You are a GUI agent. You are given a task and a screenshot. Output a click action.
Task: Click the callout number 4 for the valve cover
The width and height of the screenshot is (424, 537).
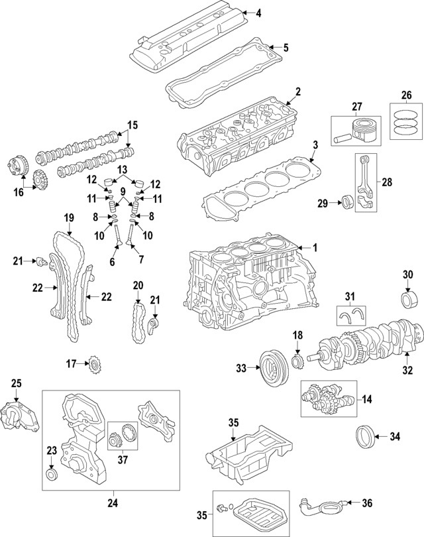pos(258,13)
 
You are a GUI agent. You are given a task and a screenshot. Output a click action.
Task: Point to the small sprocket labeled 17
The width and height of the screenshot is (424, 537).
pos(95,363)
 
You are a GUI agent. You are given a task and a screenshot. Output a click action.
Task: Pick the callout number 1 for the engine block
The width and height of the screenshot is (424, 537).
pos(315,248)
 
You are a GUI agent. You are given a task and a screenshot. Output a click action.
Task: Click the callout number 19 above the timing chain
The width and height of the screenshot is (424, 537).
pos(68,219)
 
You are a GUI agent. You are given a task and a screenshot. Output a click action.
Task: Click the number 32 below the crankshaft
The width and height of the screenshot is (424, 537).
pos(407,370)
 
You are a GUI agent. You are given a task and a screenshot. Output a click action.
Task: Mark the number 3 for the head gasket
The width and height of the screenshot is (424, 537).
pos(315,145)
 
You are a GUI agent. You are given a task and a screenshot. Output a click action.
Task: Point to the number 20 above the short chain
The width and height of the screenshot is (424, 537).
pos(138,285)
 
